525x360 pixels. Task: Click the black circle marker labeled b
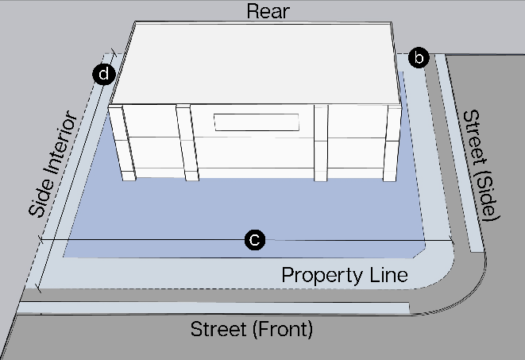(419, 57)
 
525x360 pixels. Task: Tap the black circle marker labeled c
(254, 239)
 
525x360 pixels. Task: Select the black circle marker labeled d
(103, 75)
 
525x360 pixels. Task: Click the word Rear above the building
(268, 11)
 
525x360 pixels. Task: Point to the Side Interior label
(53, 165)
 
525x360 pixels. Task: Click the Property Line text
(345, 275)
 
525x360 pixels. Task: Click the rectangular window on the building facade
(256, 122)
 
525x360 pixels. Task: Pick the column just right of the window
(321, 143)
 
